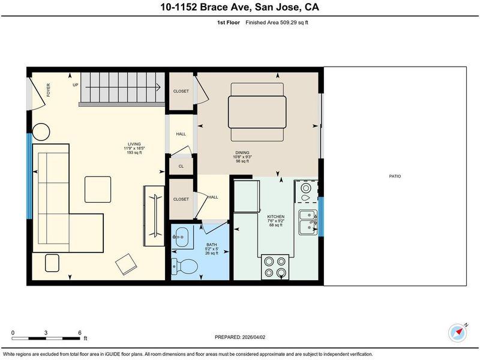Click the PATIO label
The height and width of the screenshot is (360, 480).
[395, 176]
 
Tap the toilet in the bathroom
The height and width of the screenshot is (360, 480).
[185, 266]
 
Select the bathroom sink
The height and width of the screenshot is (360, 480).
[182, 237]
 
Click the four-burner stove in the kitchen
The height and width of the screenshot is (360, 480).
[275, 267]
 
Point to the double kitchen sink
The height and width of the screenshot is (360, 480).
[308, 222]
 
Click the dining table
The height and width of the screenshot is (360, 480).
[257, 112]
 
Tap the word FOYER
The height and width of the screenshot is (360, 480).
[49, 90]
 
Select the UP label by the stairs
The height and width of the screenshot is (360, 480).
[76, 85]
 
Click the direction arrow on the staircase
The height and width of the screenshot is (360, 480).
[123, 87]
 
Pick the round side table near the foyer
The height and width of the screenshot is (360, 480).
[41, 132]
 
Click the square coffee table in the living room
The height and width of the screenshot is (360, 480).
[98, 190]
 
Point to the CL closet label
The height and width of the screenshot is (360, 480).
[181, 166]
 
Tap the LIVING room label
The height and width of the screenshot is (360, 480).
[134, 144]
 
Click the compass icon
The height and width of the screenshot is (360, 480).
[458, 333]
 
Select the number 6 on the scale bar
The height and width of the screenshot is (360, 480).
[80, 333]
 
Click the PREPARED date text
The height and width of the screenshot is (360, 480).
[240, 337]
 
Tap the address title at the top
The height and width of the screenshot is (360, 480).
[239, 7]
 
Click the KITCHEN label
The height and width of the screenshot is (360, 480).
[275, 217]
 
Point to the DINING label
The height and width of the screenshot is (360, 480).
[242, 152]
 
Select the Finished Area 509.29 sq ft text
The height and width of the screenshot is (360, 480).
[277, 22]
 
